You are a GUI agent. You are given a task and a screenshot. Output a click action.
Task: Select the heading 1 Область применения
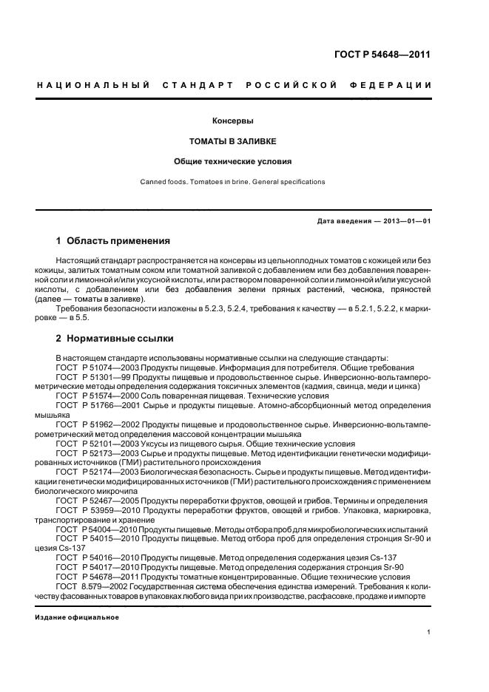113,241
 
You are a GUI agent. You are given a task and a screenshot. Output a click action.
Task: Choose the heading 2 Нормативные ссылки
115,338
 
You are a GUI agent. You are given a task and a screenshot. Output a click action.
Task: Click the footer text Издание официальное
76,617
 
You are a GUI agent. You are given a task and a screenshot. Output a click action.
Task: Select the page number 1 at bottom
428,631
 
